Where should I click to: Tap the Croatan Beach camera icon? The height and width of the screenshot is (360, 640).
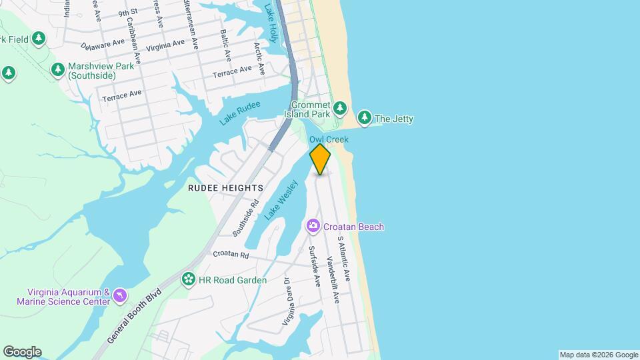[x=313, y=227]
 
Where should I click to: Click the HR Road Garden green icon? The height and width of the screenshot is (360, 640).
[x=189, y=279]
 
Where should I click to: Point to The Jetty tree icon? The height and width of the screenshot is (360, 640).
[x=364, y=119]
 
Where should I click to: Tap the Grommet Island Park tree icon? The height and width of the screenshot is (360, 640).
[x=340, y=107]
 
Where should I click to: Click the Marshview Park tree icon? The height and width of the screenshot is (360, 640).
[x=59, y=69]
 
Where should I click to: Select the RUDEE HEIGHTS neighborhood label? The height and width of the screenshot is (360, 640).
[x=225, y=189]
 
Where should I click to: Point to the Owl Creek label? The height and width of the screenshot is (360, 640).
[x=329, y=139]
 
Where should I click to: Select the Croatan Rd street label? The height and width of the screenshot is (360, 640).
[x=231, y=255]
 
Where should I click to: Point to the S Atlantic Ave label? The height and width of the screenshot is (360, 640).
[x=344, y=257]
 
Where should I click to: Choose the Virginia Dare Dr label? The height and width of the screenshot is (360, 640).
[x=288, y=301]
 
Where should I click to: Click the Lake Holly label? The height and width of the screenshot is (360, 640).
[x=270, y=21]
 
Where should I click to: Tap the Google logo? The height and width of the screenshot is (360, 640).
[x=22, y=352]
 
